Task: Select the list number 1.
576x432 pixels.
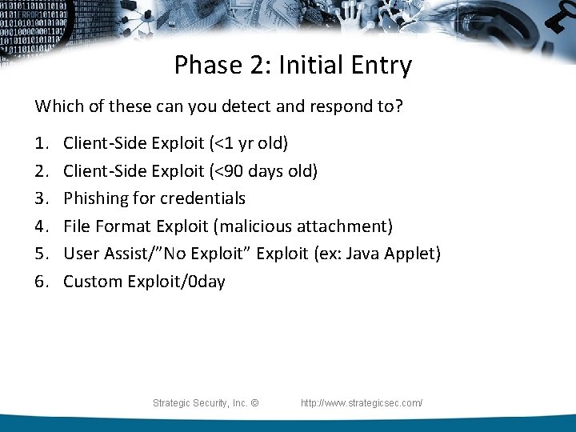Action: (40, 144)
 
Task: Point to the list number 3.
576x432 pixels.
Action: (40, 198)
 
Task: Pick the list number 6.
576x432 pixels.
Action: (40, 282)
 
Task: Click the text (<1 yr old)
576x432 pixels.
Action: (249, 144)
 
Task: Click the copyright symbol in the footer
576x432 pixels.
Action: (254, 403)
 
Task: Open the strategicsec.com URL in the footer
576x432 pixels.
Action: (362, 403)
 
